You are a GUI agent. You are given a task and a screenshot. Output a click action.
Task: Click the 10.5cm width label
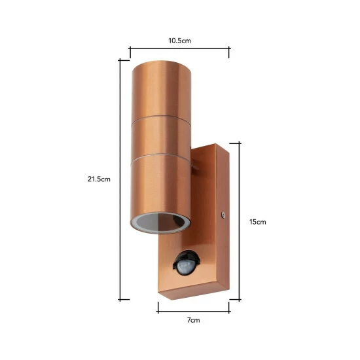(179, 41)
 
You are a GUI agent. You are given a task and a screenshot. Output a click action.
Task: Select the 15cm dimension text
(259, 221)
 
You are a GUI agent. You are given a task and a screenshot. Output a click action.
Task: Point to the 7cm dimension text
(193, 321)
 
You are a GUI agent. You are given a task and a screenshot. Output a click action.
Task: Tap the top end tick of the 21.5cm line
(120, 60)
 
